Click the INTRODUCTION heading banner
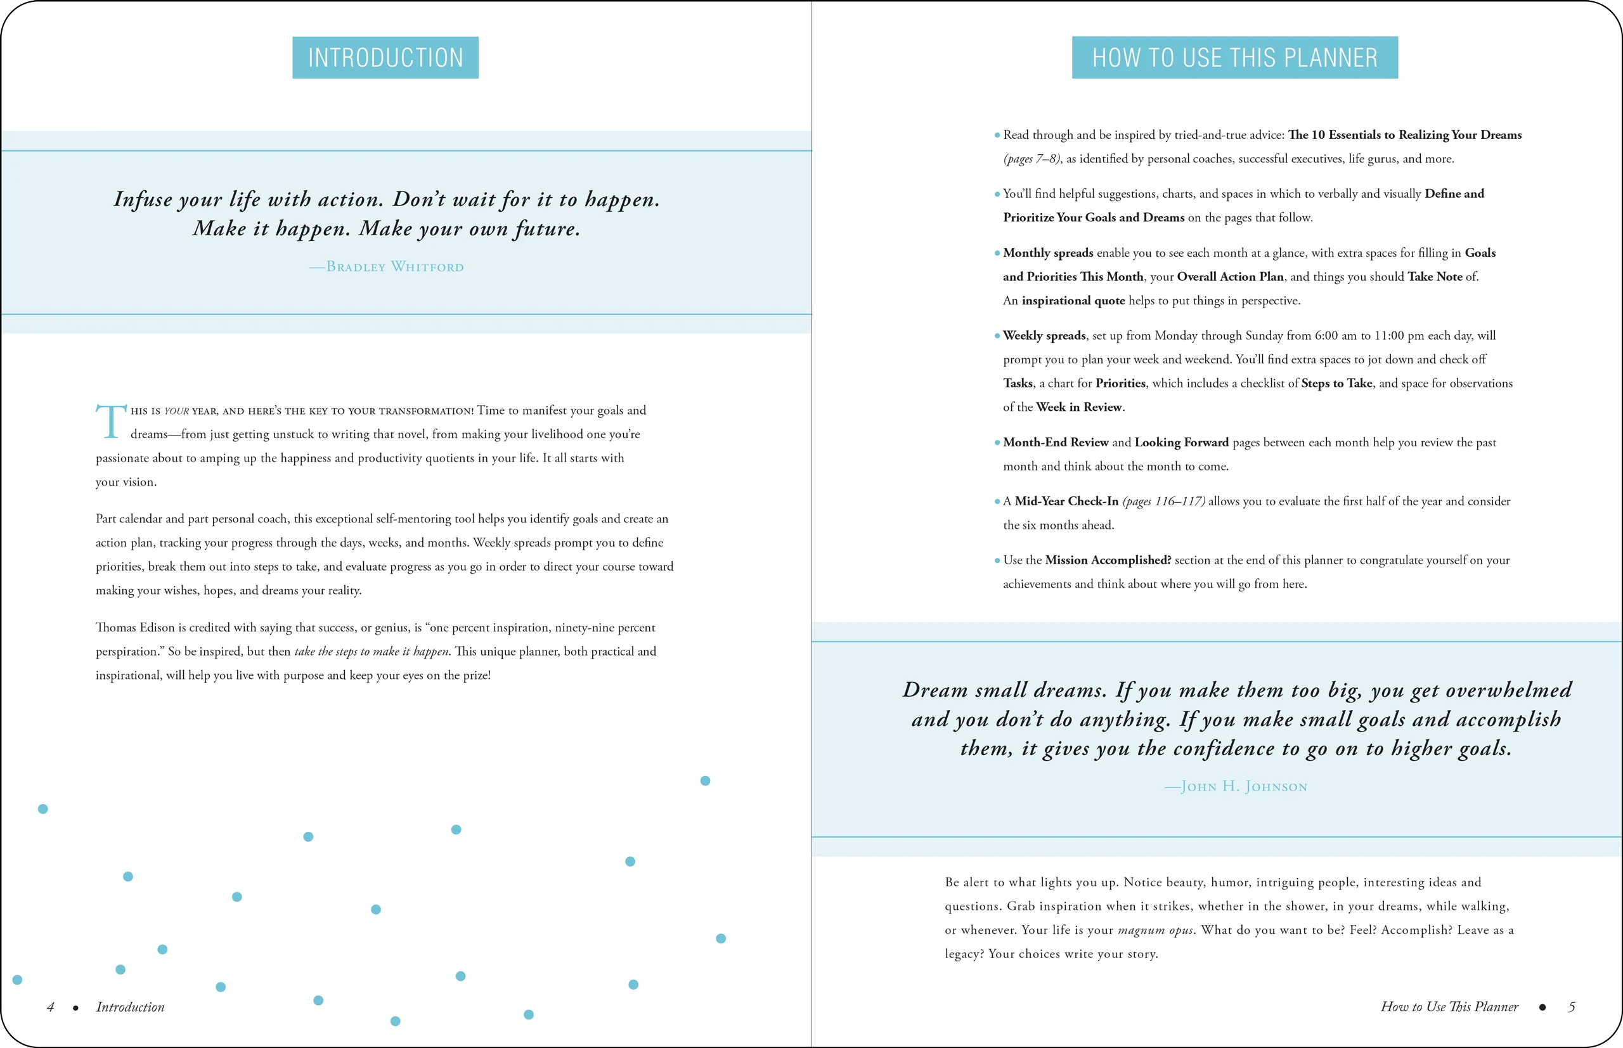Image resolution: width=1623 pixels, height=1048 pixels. click(x=385, y=58)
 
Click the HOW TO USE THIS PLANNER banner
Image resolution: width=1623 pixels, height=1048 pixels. click(x=1234, y=58)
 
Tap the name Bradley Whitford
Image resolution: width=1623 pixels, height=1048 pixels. click(x=387, y=267)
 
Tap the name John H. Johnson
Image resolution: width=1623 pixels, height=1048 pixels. click(x=1236, y=787)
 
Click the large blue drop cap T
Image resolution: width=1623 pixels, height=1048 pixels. click(x=111, y=421)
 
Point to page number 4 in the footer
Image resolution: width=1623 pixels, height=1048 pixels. click(x=50, y=1007)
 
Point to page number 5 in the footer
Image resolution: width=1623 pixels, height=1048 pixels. click(x=1571, y=1007)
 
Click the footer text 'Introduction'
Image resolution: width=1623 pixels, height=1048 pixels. click(x=130, y=1007)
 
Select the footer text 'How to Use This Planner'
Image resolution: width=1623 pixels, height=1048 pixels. click(x=1449, y=1007)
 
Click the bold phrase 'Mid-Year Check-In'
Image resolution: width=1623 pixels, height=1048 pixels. click(x=1066, y=501)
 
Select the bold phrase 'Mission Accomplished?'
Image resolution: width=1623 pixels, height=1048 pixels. click(x=1108, y=560)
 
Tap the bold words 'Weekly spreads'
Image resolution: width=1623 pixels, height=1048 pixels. click(x=1044, y=335)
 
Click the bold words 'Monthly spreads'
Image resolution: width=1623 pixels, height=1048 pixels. click(x=1048, y=253)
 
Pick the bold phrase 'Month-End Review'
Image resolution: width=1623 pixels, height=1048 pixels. click(x=1056, y=443)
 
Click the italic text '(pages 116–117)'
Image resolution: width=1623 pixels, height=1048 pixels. click(x=1163, y=501)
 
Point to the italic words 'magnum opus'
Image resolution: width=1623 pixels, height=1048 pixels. click(x=1156, y=930)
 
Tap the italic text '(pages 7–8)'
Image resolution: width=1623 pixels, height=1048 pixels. click(x=1031, y=159)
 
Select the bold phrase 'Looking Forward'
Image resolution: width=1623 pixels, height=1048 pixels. click(x=1181, y=443)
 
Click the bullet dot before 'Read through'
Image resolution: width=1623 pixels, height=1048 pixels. click(x=997, y=136)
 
